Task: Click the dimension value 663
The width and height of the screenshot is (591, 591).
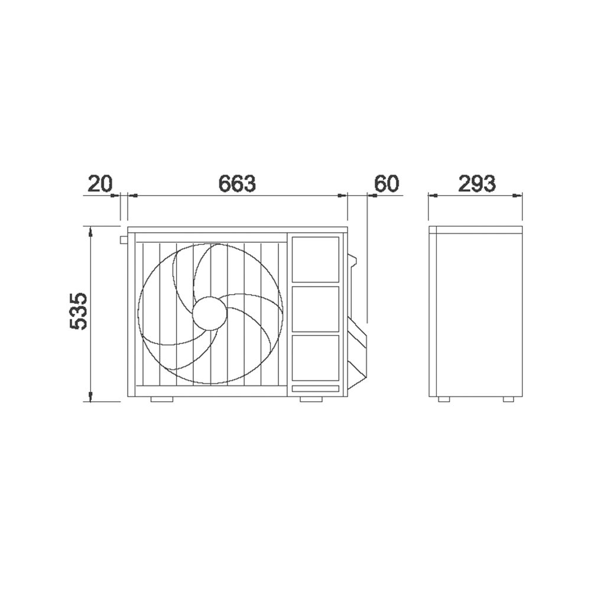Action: click(x=237, y=183)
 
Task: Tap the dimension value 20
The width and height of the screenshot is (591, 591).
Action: click(x=100, y=184)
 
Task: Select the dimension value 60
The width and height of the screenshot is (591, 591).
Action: click(x=387, y=184)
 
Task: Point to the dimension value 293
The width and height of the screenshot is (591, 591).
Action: click(x=477, y=184)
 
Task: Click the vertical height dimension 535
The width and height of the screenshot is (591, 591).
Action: click(x=79, y=311)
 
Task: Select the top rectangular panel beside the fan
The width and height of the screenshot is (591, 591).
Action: click(x=316, y=259)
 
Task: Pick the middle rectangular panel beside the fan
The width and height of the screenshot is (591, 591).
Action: click(x=316, y=309)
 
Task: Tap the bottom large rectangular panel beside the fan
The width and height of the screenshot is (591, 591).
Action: click(x=316, y=358)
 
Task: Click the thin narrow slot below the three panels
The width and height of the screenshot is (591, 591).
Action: click(x=316, y=389)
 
